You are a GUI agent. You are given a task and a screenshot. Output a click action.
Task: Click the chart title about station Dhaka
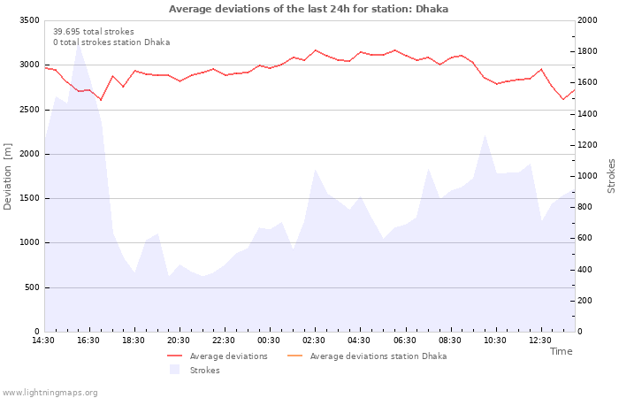click(x=309, y=9)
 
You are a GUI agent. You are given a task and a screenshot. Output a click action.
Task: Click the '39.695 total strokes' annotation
click(x=93, y=31)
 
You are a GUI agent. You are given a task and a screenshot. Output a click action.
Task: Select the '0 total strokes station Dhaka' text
click(x=111, y=42)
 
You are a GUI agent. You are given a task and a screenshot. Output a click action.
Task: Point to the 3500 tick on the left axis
click(x=29, y=20)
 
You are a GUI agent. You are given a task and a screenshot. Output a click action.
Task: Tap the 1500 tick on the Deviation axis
click(x=29, y=198)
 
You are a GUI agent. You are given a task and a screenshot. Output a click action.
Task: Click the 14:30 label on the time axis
click(x=43, y=341)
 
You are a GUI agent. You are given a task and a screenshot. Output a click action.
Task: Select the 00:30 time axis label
click(x=269, y=341)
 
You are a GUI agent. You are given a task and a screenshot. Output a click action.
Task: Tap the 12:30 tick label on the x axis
click(x=540, y=341)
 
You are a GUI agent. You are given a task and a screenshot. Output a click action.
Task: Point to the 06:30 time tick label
click(x=405, y=341)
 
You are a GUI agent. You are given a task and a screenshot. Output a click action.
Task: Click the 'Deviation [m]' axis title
click(x=8, y=176)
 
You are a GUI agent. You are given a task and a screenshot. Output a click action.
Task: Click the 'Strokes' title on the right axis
click(x=611, y=176)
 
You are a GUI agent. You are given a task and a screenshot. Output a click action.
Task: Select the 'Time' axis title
click(x=561, y=351)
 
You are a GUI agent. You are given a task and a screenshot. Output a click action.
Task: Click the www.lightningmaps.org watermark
click(x=50, y=392)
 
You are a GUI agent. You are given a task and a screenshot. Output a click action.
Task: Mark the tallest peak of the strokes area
click(x=78, y=43)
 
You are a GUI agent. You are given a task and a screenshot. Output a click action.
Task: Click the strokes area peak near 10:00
click(x=485, y=134)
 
